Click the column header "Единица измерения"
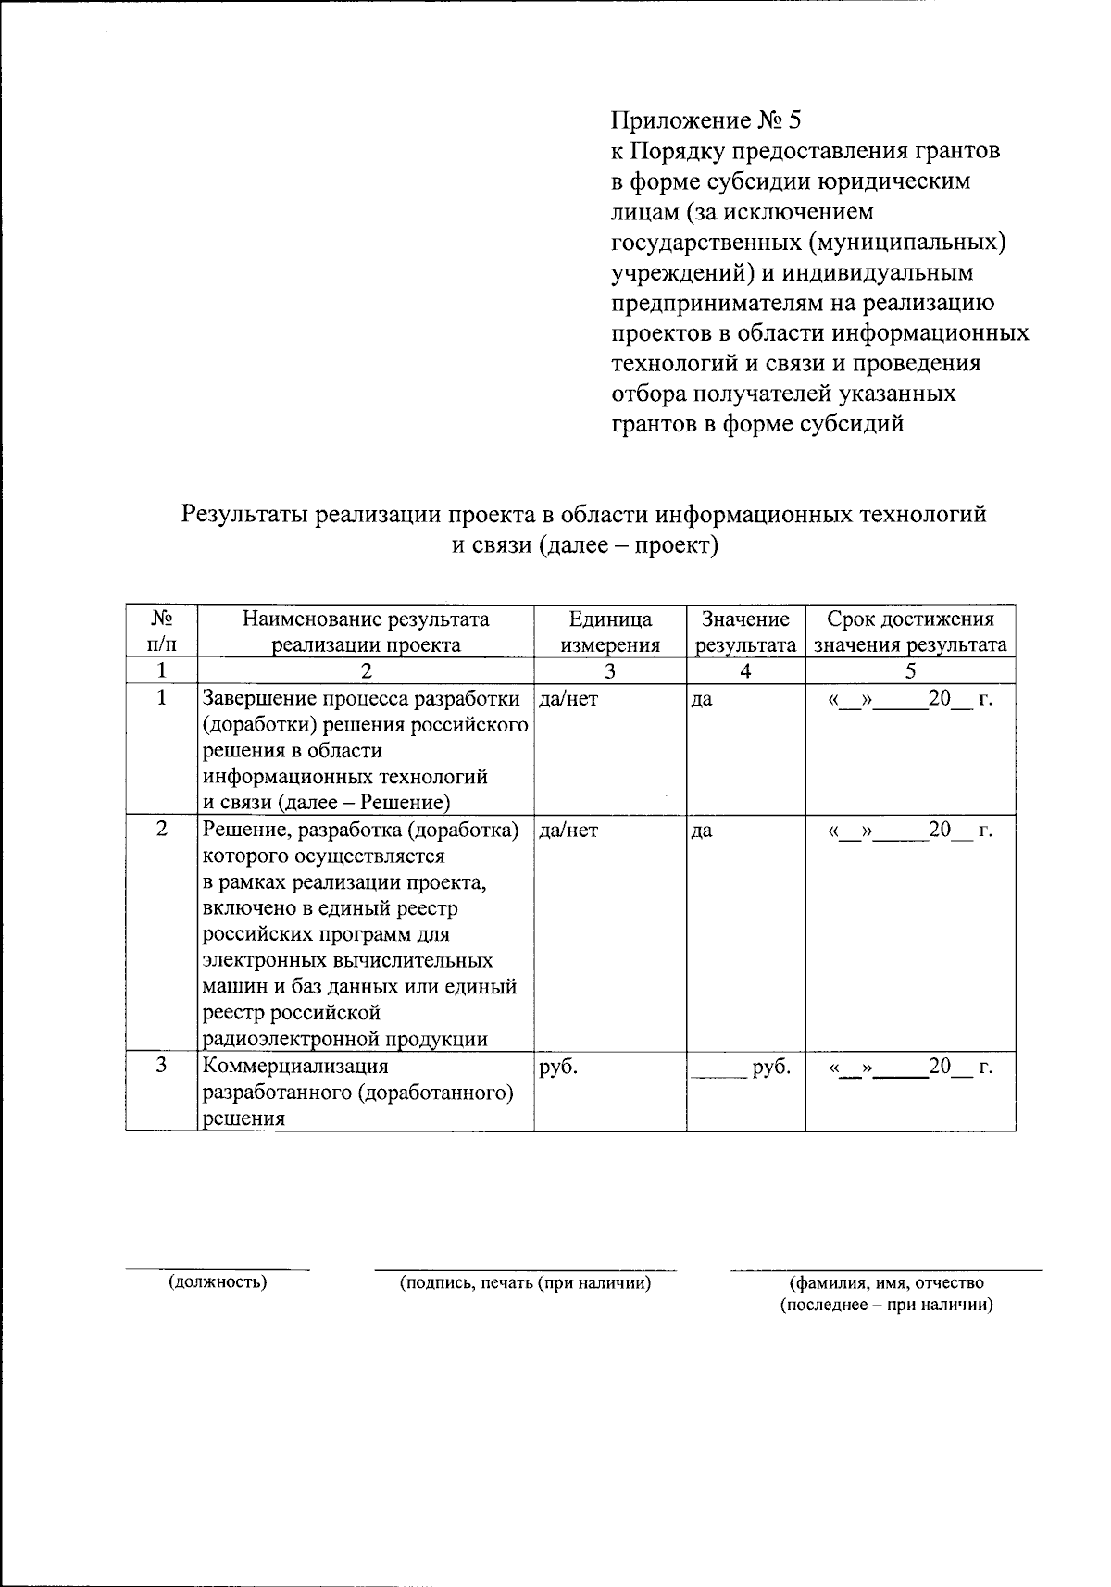coord(609,632)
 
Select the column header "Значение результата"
coord(745,632)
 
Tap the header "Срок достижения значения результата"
coord(909,632)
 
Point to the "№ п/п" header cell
coord(162,632)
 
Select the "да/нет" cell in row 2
coord(568,831)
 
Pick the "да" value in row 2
coord(702,831)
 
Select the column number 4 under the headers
coord(745,671)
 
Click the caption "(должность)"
coord(218,1283)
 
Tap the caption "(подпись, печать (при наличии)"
coord(525,1283)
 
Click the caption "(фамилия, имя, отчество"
coord(886,1283)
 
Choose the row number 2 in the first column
coord(162,830)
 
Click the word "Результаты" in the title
coord(244,515)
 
